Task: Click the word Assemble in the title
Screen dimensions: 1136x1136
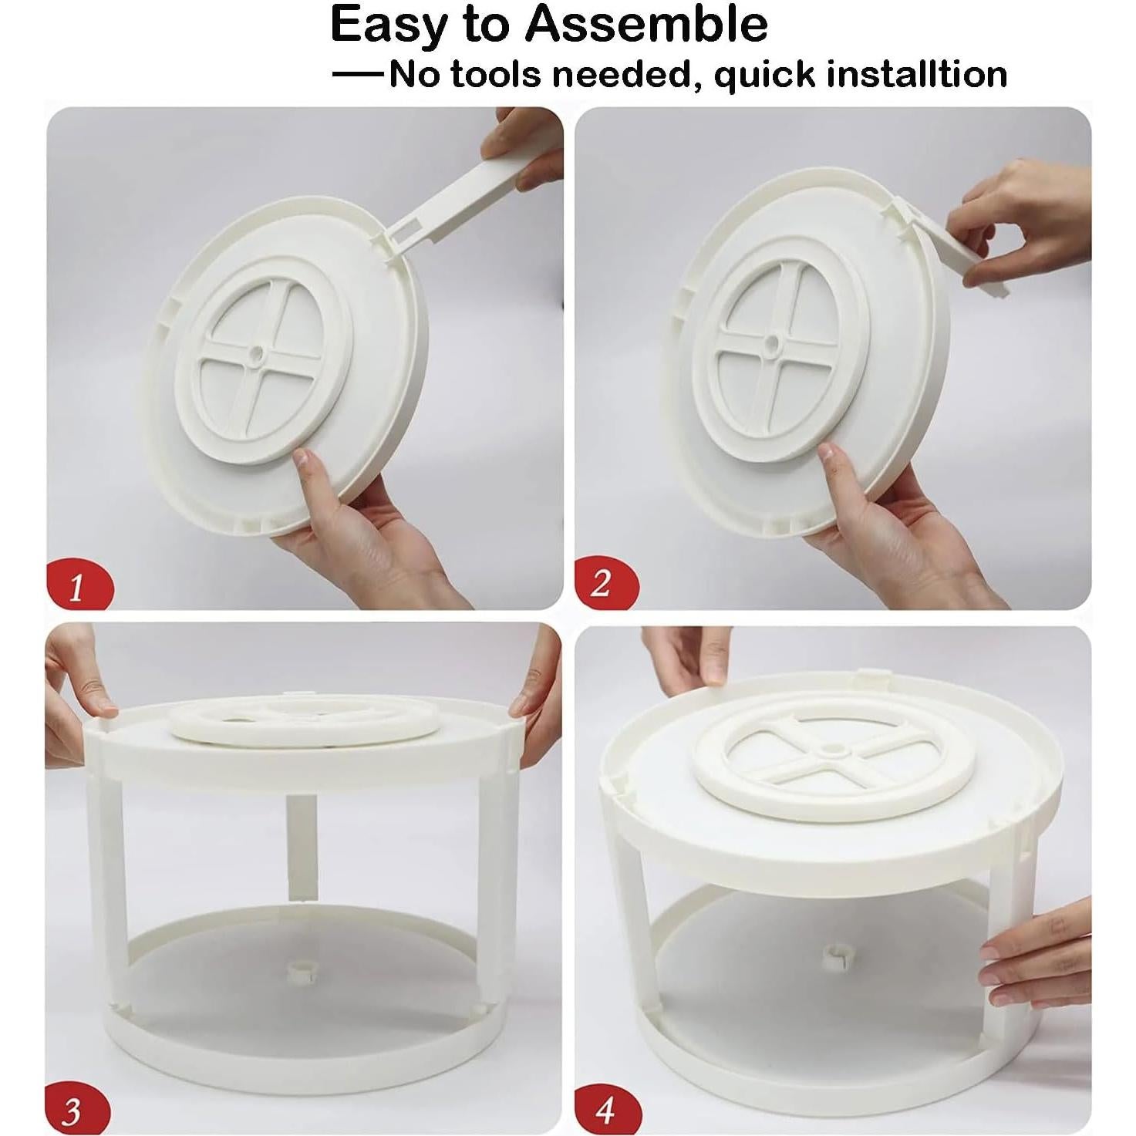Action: pos(647,24)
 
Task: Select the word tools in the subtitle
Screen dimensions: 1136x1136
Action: pos(496,75)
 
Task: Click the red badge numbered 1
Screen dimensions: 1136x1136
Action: pos(79,587)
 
